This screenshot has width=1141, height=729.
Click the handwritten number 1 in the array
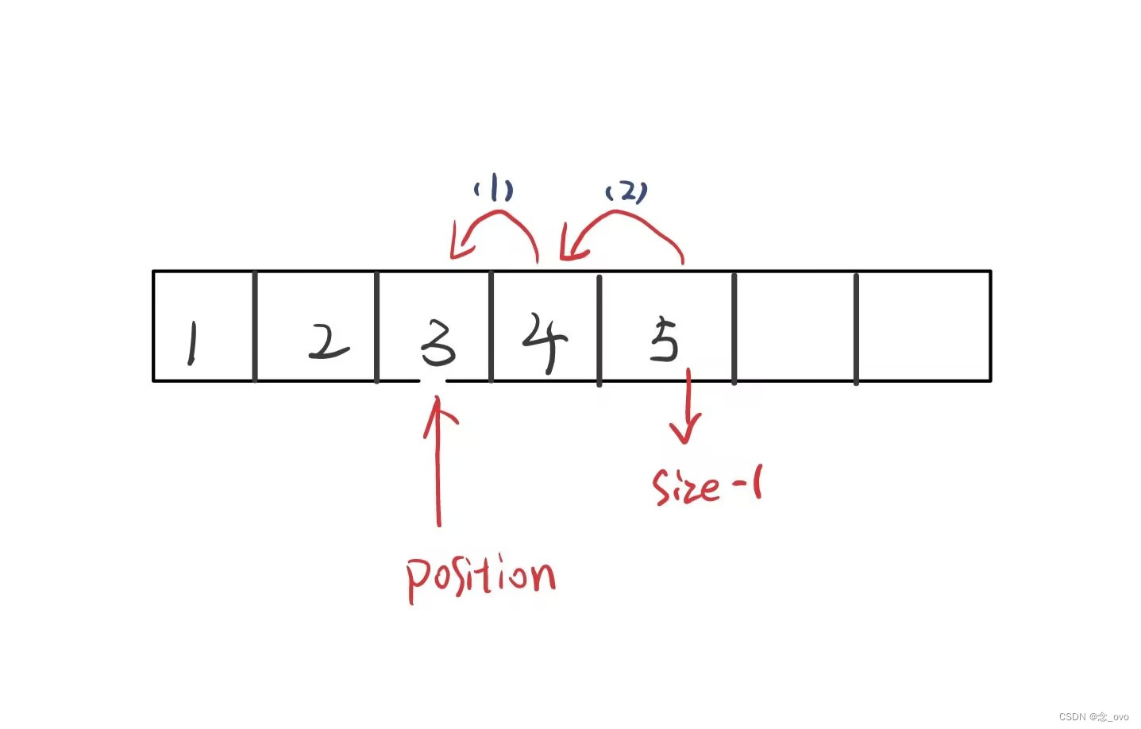point(191,343)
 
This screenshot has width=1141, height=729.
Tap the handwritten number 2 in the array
point(328,342)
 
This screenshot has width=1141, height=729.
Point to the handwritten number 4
point(545,341)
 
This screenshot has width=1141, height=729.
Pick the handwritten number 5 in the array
point(664,340)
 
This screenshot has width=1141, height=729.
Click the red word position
point(480,577)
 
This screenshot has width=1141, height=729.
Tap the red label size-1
point(706,485)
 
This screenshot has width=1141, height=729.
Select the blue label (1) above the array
point(494,190)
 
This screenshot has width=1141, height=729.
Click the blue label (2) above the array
point(626,192)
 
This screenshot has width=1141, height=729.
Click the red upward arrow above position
point(438,461)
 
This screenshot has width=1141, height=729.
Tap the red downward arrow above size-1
point(687,407)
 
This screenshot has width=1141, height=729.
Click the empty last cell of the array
point(923,326)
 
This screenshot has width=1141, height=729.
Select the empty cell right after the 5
point(795,326)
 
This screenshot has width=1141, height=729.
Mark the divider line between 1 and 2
point(255,326)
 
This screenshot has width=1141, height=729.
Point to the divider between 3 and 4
point(491,326)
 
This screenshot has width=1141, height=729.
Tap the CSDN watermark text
point(1093,716)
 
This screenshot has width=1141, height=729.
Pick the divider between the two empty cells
point(856,328)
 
